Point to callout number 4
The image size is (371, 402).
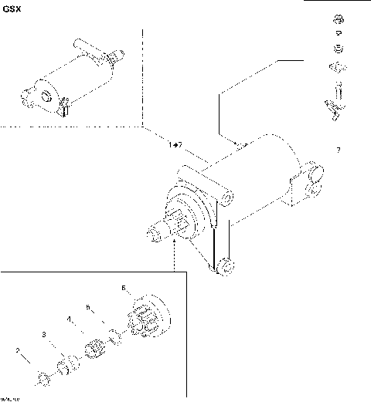coord(69,319)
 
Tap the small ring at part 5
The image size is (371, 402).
coord(114,335)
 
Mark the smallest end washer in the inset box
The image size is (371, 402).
coord(43,377)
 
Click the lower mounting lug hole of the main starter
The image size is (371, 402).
coord(226,267)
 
